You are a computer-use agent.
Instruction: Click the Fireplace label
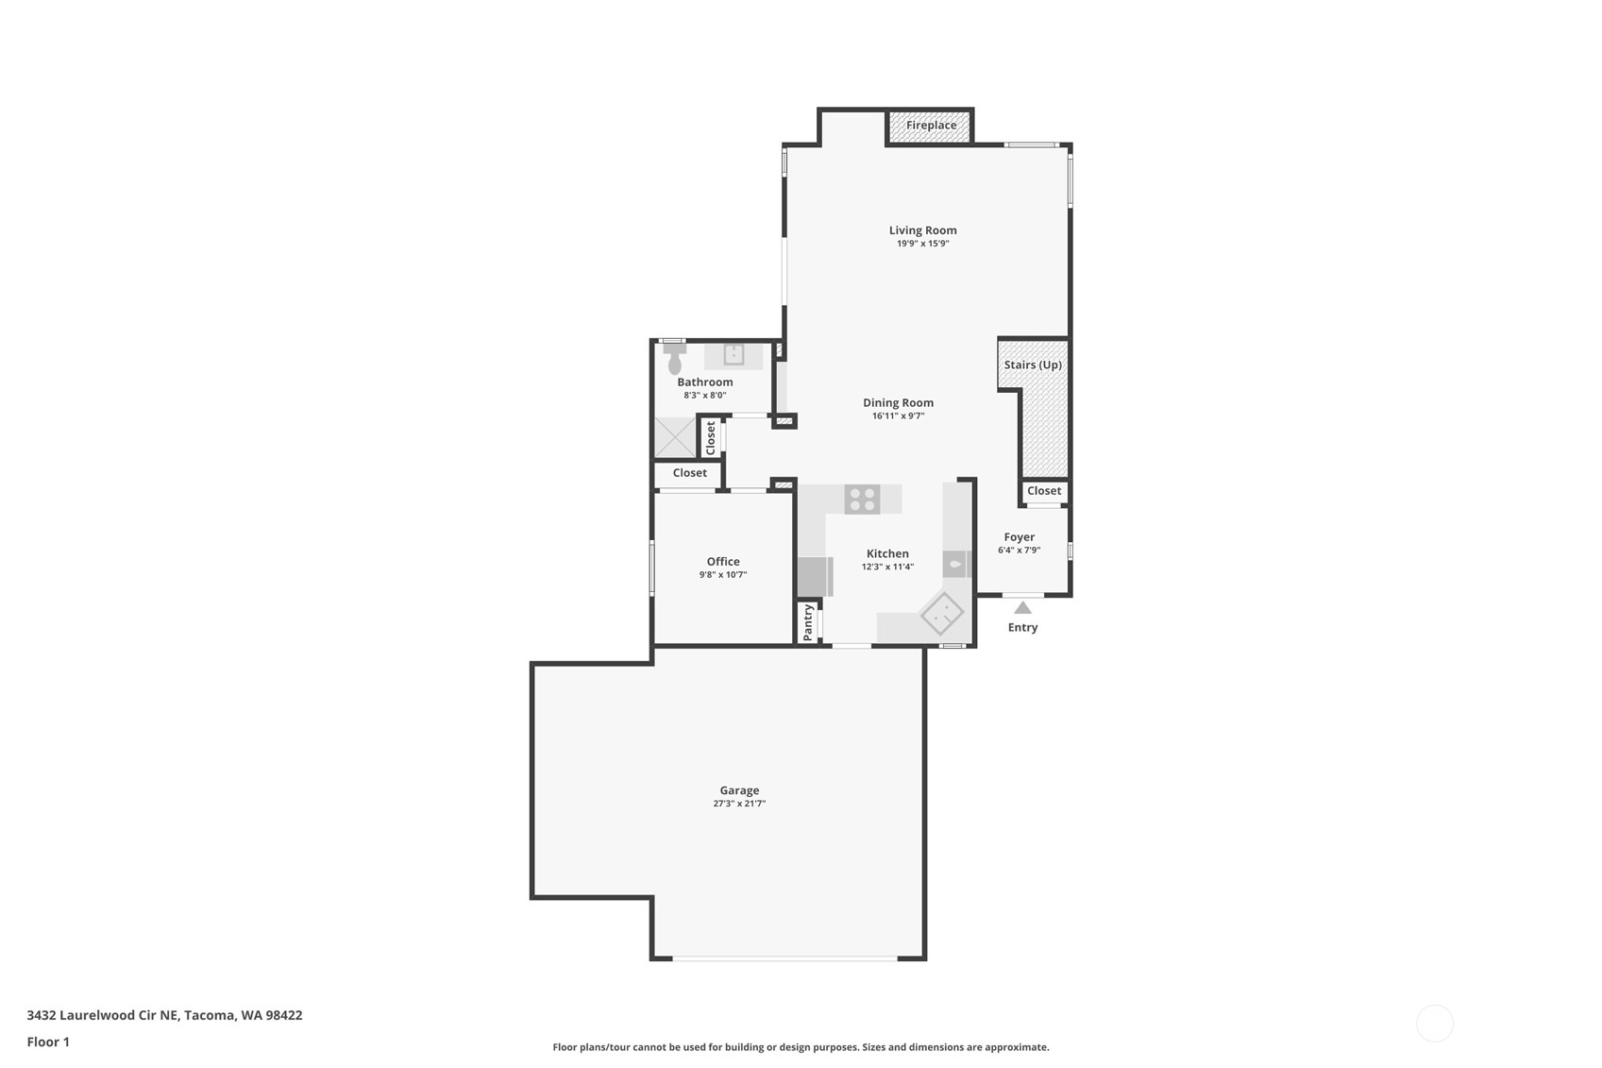(x=931, y=126)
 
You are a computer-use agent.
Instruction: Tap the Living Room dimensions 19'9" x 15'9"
(x=922, y=244)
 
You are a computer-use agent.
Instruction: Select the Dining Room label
(x=898, y=403)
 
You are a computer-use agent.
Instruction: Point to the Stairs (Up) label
(x=1033, y=365)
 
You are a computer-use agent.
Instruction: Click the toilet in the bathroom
(x=675, y=360)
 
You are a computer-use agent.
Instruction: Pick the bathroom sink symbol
(x=734, y=355)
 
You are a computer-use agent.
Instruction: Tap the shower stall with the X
(x=675, y=438)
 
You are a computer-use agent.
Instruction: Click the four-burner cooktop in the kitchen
(x=862, y=500)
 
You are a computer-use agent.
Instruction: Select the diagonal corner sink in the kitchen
(x=942, y=614)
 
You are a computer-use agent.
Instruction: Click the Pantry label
(x=808, y=623)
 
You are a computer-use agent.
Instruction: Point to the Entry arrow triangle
(x=1022, y=608)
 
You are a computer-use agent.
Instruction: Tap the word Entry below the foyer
(x=1022, y=628)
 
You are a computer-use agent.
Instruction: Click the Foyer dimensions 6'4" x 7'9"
(x=1019, y=551)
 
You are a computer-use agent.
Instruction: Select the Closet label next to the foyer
(x=1044, y=491)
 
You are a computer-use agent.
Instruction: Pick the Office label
(x=723, y=562)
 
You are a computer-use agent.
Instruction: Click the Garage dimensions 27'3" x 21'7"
(x=739, y=805)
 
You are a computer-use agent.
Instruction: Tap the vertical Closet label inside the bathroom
(x=711, y=438)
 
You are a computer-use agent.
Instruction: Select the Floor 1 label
(x=48, y=1043)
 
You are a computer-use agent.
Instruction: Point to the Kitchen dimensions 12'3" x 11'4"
(x=887, y=568)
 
